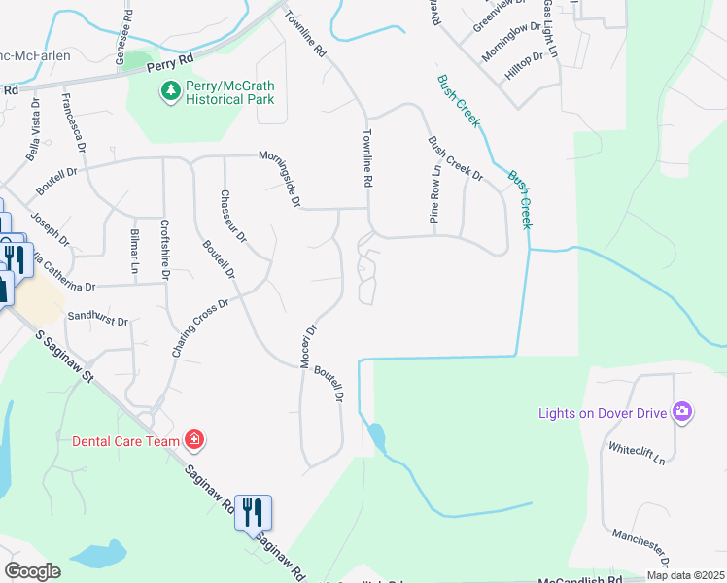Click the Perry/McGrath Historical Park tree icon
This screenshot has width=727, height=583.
pyautogui.click(x=171, y=91)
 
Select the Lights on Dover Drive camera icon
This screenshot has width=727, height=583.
pyautogui.click(x=682, y=412)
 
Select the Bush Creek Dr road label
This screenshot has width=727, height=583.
pyautogui.click(x=456, y=158)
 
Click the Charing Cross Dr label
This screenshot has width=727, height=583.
pyautogui.click(x=200, y=327)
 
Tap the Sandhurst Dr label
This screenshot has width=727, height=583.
pyautogui.click(x=97, y=318)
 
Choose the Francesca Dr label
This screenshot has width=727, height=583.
pyautogui.click(x=71, y=120)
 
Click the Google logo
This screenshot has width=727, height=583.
pyautogui.click(x=33, y=570)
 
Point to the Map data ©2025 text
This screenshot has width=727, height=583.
pyautogui.click(x=684, y=575)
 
